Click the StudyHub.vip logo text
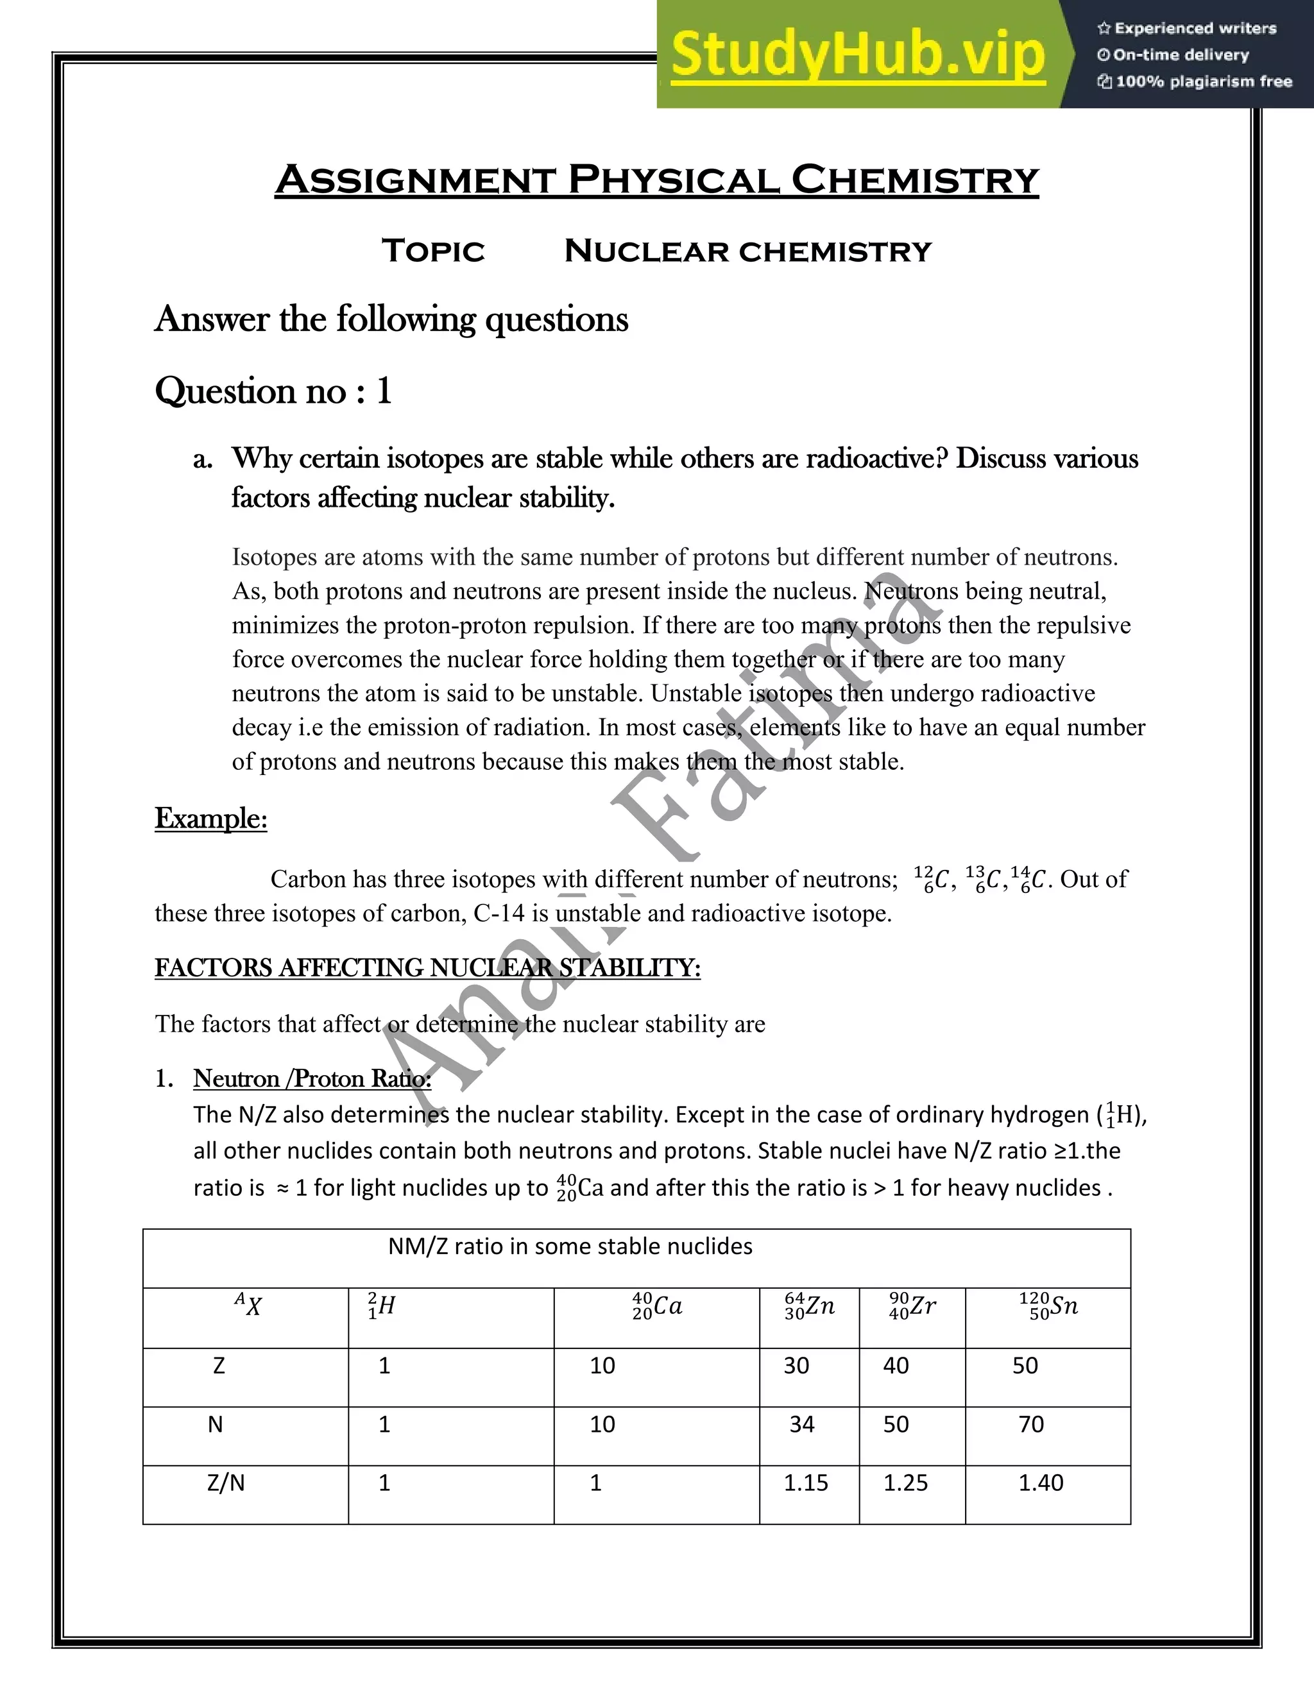point(857,55)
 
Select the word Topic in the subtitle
point(433,251)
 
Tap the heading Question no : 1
point(273,390)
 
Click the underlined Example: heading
point(211,818)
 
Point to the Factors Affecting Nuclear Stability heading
point(427,967)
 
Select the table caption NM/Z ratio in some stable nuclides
point(570,1246)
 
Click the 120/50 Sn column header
point(1048,1305)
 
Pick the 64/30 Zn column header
point(810,1305)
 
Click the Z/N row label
point(226,1483)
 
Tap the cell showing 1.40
point(1041,1483)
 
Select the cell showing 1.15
point(806,1483)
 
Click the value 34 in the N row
point(802,1424)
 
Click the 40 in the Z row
point(896,1365)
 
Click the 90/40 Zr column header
point(912,1305)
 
